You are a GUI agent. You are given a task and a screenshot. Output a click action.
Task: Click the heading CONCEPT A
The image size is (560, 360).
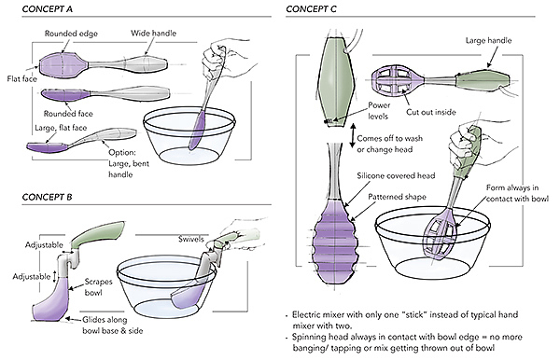tap(48, 9)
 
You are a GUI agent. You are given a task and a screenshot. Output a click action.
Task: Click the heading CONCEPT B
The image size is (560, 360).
tap(48, 197)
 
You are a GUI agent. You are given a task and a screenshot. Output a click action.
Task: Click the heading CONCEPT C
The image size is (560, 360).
tap(311, 9)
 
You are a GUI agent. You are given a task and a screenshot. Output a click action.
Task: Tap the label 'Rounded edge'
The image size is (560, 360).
tap(71, 34)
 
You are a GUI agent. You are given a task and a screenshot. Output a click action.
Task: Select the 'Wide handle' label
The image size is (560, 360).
tap(154, 34)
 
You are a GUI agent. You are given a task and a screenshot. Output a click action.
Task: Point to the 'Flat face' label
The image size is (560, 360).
tap(22, 78)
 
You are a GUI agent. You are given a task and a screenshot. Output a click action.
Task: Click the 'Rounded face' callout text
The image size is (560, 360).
tap(68, 114)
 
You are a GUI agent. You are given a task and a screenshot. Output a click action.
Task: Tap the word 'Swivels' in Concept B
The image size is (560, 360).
tap(191, 239)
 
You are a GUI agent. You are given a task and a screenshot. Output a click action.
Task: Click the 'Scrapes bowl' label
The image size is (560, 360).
tap(98, 287)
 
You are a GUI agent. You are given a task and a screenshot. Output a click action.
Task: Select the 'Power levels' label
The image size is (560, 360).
tap(379, 111)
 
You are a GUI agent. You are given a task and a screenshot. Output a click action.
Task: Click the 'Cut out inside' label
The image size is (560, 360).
tap(431, 112)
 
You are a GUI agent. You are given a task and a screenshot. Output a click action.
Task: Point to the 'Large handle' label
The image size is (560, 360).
tap(488, 41)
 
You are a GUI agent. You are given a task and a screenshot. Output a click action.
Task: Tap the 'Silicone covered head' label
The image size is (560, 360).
tap(396, 175)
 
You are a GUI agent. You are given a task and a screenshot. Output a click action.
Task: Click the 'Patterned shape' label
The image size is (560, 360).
tap(398, 197)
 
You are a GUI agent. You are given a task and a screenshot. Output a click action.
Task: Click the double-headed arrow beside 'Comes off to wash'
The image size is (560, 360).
tap(353, 136)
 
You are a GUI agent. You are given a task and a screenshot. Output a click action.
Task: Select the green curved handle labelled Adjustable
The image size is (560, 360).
tap(97, 234)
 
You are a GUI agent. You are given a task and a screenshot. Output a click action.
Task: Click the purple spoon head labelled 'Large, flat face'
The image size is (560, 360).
tap(48, 146)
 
